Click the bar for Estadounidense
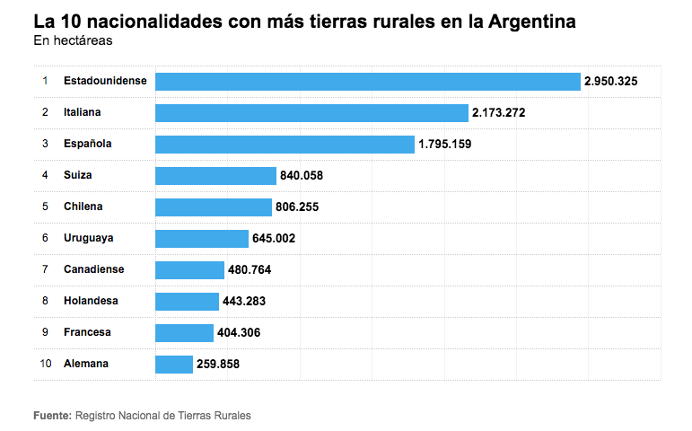[368, 81]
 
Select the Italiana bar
[311, 112]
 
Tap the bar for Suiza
[215, 175]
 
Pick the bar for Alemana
[174, 365]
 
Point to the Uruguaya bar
[202, 238]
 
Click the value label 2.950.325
[610, 81]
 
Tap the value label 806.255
[297, 207]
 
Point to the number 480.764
[250, 269]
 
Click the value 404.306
[239, 333]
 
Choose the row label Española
[87, 144]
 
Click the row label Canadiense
[94, 269]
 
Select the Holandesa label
[91, 301]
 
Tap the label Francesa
[87, 332]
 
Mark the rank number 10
[46, 365]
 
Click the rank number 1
[45, 81]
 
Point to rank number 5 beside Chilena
[45, 207]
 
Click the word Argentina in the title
[530, 21]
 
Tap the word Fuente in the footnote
[52, 416]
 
